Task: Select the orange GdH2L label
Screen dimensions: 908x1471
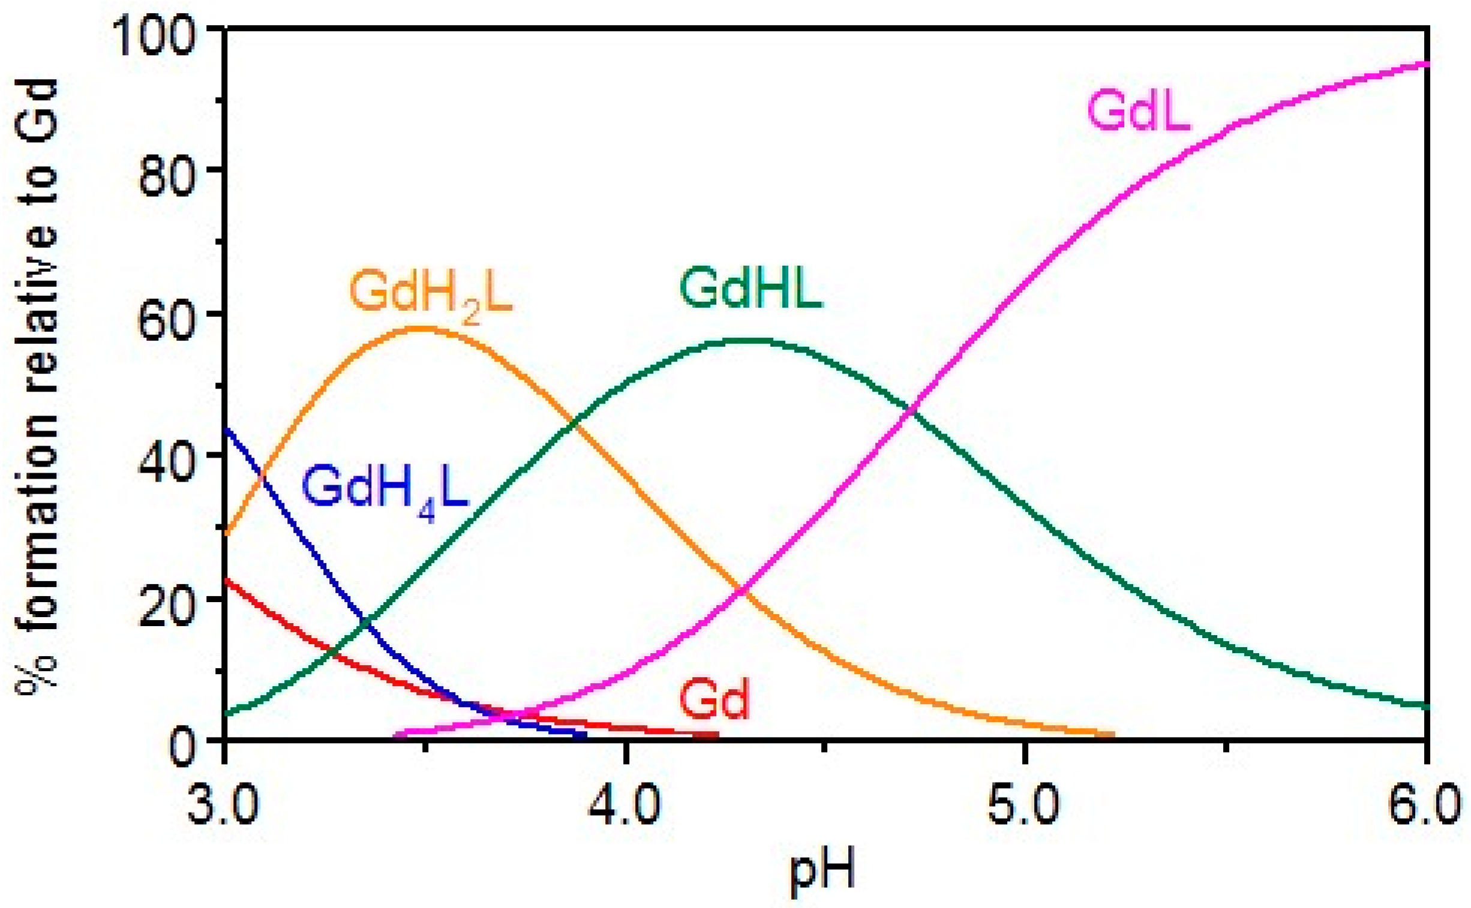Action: [430, 294]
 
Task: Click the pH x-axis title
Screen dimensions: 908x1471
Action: [822, 872]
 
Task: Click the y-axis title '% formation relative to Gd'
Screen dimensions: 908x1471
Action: [37, 384]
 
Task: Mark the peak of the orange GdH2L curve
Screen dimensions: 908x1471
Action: [425, 328]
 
